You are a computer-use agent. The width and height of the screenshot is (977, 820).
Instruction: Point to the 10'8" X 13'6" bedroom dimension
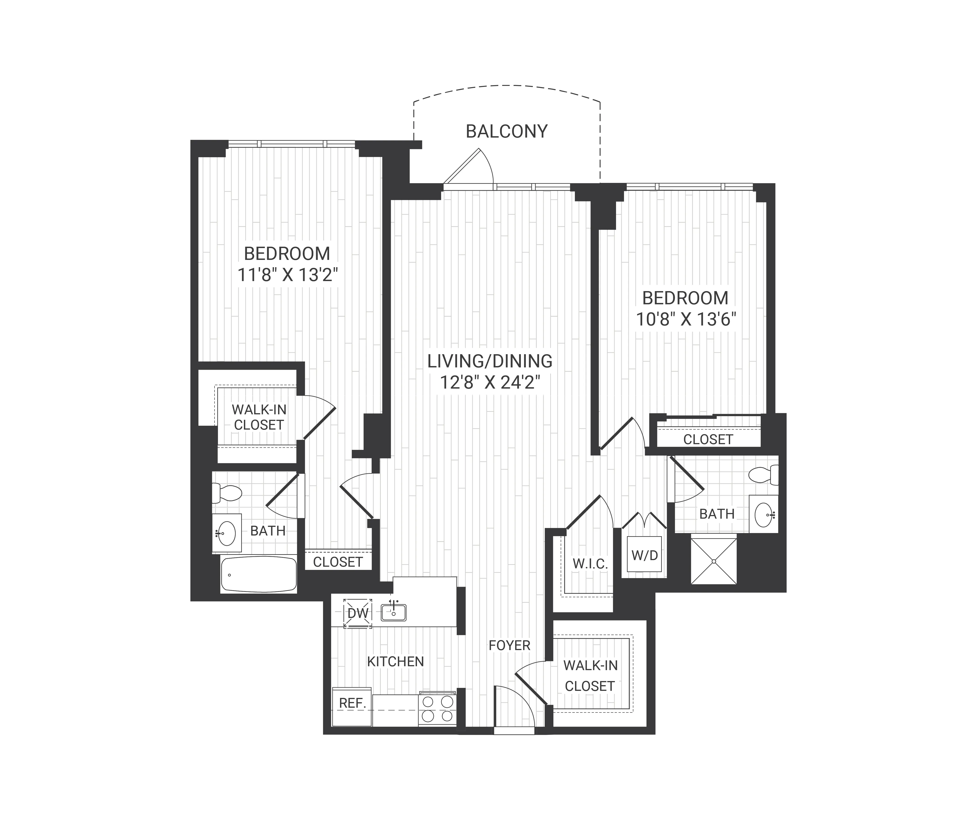pos(686,319)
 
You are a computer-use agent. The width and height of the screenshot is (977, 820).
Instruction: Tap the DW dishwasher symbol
pos(357,613)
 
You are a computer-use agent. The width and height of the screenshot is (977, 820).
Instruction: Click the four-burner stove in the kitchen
pos(437,708)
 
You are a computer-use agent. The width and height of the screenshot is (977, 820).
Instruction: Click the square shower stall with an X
pos(714,561)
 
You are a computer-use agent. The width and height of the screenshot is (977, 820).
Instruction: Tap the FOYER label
pos(509,646)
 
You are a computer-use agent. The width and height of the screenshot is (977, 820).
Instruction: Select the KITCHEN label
pos(395,661)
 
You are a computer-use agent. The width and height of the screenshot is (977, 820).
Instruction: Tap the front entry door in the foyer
pos(514,707)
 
